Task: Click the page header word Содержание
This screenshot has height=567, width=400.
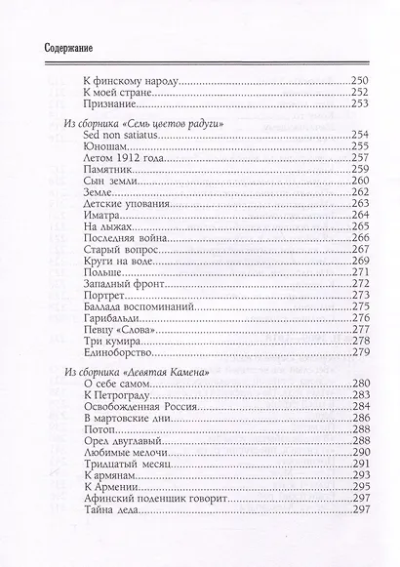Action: point(55,47)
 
